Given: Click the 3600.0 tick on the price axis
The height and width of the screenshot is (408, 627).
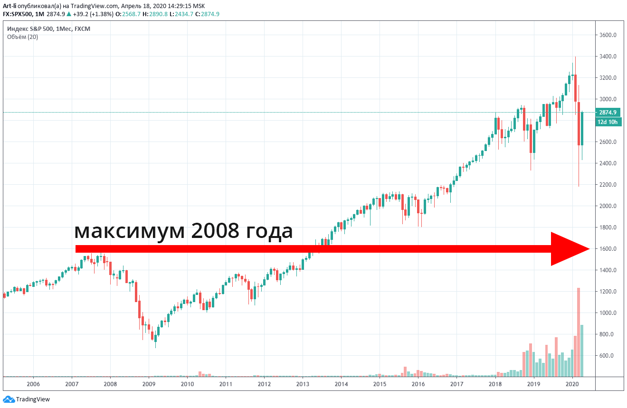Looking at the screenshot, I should pyautogui.click(x=608, y=35).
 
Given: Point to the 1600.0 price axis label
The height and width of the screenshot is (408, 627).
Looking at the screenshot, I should pyautogui.click(x=608, y=249).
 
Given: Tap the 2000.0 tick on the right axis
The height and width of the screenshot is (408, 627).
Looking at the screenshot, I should pyautogui.click(x=608, y=206).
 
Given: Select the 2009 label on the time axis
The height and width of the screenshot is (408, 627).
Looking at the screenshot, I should pyautogui.click(x=149, y=384).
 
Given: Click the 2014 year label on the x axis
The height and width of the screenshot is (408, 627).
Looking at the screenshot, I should pyautogui.click(x=341, y=384).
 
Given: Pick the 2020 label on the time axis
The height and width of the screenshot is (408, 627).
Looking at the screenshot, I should pyautogui.click(x=572, y=384).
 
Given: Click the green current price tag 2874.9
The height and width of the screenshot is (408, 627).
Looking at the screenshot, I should pyautogui.click(x=608, y=113).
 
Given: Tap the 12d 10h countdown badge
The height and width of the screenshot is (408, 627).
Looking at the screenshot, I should pyautogui.click(x=608, y=122).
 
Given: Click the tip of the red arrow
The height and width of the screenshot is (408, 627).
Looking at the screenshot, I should pyautogui.click(x=588, y=249).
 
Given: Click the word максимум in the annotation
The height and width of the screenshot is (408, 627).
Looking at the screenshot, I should pyautogui.click(x=129, y=232).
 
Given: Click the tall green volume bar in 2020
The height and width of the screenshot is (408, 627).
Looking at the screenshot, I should pyautogui.click(x=582, y=351).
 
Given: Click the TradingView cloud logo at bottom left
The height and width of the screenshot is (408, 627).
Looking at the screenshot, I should pyautogui.click(x=9, y=399).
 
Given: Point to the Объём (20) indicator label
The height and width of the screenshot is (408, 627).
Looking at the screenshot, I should pyautogui.click(x=22, y=37).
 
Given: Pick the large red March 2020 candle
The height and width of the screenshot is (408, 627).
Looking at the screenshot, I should pyautogui.click(x=579, y=123).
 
